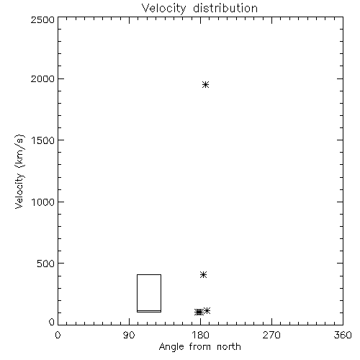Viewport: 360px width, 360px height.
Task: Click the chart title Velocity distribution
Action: click(x=199, y=9)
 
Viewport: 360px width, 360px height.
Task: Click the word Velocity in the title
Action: click(x=163, y=9)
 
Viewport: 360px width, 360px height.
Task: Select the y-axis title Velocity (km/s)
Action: click(x=19, y=171)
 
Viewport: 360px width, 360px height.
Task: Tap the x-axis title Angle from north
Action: click(x=199, y=346)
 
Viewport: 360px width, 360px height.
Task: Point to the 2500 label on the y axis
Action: click(x=42, y=19)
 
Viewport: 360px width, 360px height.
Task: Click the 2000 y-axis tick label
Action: click(x=42, y=78)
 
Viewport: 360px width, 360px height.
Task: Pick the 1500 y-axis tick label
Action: click(x=43, y=140)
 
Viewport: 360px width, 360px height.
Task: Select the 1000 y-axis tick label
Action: click(x=43, y=202)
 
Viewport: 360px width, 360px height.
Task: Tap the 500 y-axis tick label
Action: click(x=46, y=264)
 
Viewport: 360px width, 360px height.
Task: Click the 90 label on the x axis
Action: click(x=129, y=335)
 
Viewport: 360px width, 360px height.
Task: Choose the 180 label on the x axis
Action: click(x=200, y=335)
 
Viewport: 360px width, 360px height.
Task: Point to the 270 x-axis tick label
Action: click(x=271, y=335)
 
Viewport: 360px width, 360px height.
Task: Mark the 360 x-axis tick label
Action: click(x=343, y=335)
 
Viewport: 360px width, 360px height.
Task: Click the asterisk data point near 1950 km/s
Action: click(x=205, y=84)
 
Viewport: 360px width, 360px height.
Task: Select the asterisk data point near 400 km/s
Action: click(x=203, y=274)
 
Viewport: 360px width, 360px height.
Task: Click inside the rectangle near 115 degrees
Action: click(x=149, y=293)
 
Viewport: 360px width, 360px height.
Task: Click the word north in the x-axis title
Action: click(x=229, y=346)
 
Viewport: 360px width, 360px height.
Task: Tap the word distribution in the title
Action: click(x=225, y=8)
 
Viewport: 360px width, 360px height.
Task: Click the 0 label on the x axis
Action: click(x=58, y=335)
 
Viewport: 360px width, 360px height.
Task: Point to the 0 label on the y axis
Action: click(x=52, y=322)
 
